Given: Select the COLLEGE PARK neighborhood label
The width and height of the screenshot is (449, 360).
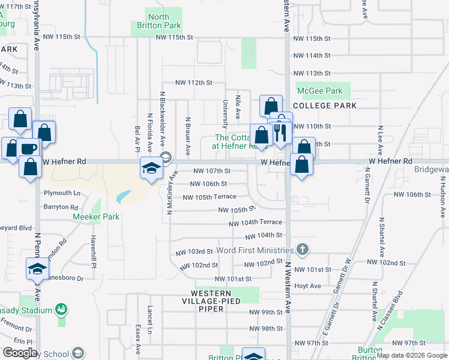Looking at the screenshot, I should (325, 106).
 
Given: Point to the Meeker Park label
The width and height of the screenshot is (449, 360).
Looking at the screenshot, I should (96, 217).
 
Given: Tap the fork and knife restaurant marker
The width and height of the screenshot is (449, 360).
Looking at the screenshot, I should (279, 133).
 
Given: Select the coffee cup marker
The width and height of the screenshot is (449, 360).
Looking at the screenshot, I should (29, 148).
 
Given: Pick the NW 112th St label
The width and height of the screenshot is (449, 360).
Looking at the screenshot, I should (194, 83).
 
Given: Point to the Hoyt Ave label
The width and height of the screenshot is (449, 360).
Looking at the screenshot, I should (308, 286).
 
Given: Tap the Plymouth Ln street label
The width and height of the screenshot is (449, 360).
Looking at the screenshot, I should (62, 193).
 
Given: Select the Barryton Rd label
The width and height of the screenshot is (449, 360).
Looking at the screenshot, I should (61, 206).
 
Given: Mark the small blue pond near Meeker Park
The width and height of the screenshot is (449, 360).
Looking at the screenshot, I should (123, 196).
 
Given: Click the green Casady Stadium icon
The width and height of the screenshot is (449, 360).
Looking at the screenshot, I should (61, 309).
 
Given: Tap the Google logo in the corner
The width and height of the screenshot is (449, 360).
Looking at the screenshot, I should (20, 353).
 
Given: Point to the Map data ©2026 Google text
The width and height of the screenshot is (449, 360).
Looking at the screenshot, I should (411, 355).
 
